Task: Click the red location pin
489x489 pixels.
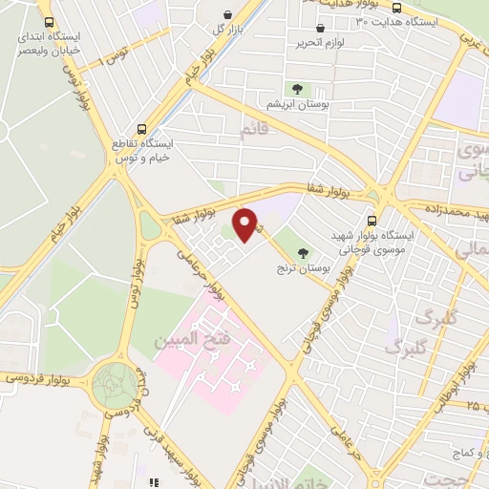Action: [246, 224]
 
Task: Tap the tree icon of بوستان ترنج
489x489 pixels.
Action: [304, 253]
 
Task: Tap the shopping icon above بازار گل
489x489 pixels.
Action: [227, 14]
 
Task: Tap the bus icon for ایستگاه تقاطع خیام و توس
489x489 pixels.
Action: [142, 127]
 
